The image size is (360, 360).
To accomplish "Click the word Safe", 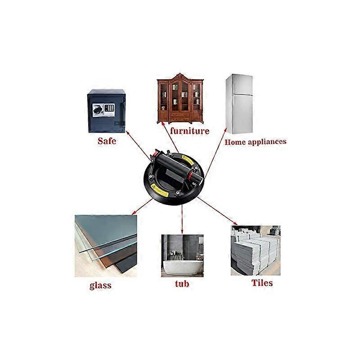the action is [x=107, y=141].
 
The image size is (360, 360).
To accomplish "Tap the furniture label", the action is [x=189, y=131].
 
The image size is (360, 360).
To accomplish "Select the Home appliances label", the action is [x=256, y=142].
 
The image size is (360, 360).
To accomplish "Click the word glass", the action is [x=100, y=285].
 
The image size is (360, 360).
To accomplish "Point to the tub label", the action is [x=182, y=283].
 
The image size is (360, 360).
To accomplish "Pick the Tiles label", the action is [x=262, y=283].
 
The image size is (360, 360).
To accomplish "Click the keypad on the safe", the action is [x=109, y=108].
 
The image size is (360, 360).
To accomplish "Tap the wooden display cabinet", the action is [x=180, y=99].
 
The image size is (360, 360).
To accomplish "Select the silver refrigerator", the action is [x=239, y=104].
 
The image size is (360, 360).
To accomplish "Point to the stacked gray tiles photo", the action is [x=256, y=251].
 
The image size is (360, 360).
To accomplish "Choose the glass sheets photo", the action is [x=106, y=246].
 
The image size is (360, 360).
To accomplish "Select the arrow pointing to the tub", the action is [x=182, y=219].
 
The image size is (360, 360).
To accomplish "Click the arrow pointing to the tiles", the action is [x=217, y=211].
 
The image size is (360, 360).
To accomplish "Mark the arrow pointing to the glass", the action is [x=142, y=207].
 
